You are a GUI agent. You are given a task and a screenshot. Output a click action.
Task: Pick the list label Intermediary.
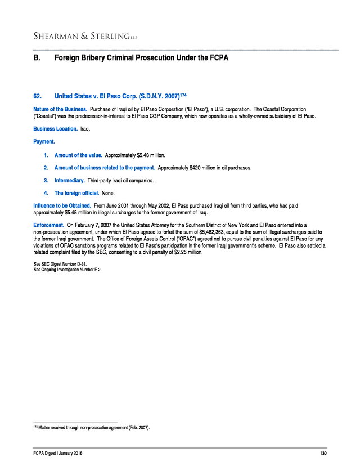(x=70, y=181)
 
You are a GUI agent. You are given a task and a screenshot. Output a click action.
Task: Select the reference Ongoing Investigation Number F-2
(x=71, y=269)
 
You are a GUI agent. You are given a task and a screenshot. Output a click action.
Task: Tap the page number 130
(x=323, y=454)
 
